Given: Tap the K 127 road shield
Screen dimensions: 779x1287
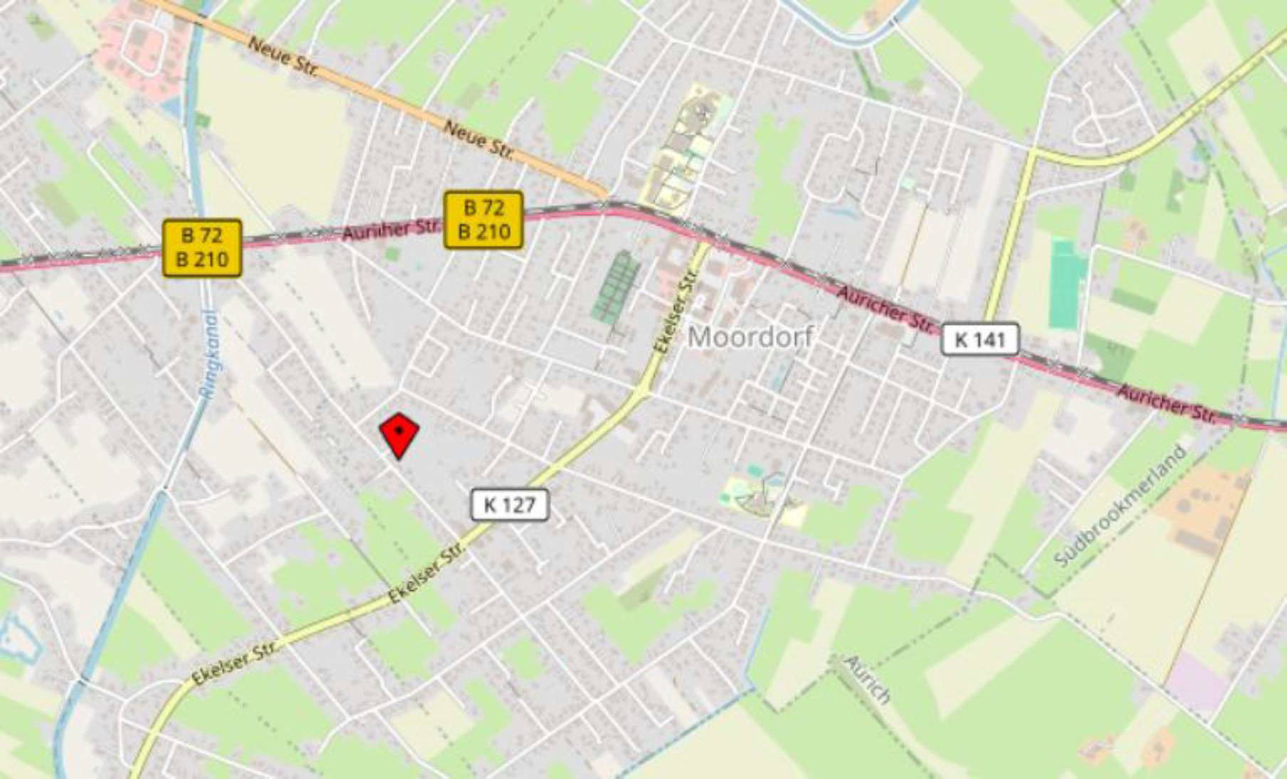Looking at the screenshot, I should click(x=510, y=505).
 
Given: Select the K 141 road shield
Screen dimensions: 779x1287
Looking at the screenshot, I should click(x=980, y=340).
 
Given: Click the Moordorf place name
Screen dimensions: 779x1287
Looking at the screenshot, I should click(x=750, y=337).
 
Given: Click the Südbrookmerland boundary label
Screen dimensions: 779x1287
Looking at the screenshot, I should click(x=1120, y=506).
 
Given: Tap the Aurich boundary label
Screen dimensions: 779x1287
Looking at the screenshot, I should click(x=867, y=679).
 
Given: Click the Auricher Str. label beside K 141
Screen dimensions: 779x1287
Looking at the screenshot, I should click(x=884, y=309).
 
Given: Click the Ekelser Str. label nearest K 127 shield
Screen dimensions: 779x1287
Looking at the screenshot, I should click(x=428, y=571).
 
